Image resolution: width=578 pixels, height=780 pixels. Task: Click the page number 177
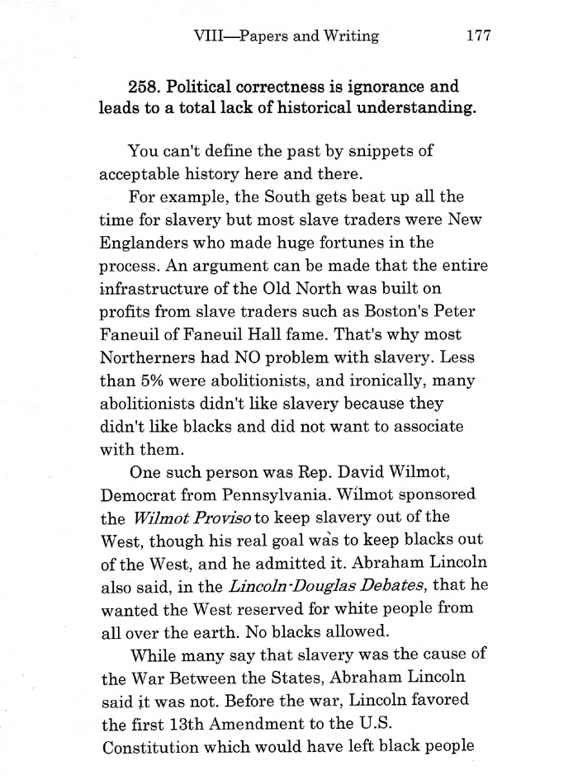click(x=479, y=35)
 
